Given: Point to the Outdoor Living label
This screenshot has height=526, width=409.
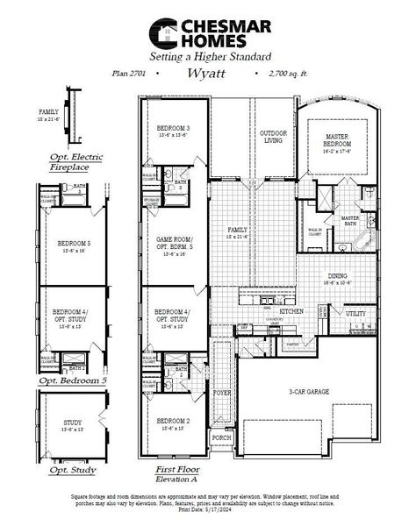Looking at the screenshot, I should [x=273, y=138].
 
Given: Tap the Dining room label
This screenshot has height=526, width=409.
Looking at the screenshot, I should [x=337, y=276].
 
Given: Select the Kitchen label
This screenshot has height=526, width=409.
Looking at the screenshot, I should [x=291, y=311].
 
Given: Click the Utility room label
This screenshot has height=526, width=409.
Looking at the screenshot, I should [x=355, y=313].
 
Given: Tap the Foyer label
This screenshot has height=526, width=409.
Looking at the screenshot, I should [x=222, y=393].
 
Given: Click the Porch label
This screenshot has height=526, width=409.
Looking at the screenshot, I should [x=222, y=437].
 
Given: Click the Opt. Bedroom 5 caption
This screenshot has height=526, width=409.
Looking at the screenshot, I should [x=72, y=382].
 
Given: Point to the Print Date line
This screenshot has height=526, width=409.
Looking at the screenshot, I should [x=204, y=514].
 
